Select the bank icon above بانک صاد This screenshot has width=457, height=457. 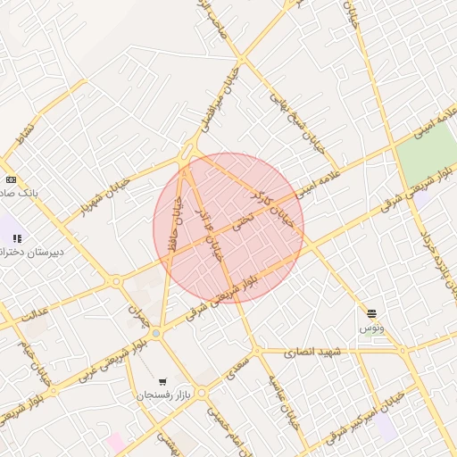(11, 177)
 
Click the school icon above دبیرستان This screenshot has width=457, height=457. (17, 237)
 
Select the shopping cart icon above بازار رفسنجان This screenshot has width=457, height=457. (162, 380)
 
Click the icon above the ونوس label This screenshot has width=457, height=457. (371, 313)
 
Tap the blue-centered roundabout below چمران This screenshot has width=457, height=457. (156, 333)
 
